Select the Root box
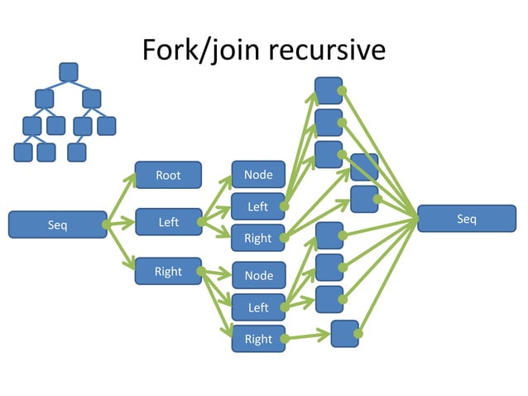pos(168,175)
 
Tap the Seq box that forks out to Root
pos(57,225)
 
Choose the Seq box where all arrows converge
pos(466,219)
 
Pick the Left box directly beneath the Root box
pos(168,222)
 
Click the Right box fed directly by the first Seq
pos(168,271)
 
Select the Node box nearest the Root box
pos(258,174)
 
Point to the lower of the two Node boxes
pos(258,275)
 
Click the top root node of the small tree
pos(69,72)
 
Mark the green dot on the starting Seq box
pos(105,225)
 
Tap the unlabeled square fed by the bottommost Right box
pos(344,333)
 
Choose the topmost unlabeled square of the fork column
pos(329,90)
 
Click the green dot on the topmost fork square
pos(341,90)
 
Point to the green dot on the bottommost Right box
pos(284,339)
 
